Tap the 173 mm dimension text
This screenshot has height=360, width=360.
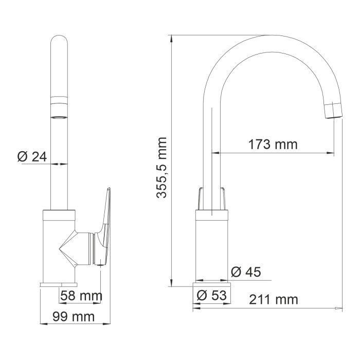click(x=273, y=144)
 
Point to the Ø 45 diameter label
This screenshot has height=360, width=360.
click(x=245, y=272)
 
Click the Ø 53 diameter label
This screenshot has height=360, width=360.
click(x=212, y=296)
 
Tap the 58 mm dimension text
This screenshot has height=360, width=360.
click(x=81, y=296)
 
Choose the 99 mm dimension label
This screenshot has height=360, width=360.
click(x=75, y=317)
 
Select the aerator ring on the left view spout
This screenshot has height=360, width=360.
click(x=59, y=100)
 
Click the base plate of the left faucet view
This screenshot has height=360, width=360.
click(x=58, y=284)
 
